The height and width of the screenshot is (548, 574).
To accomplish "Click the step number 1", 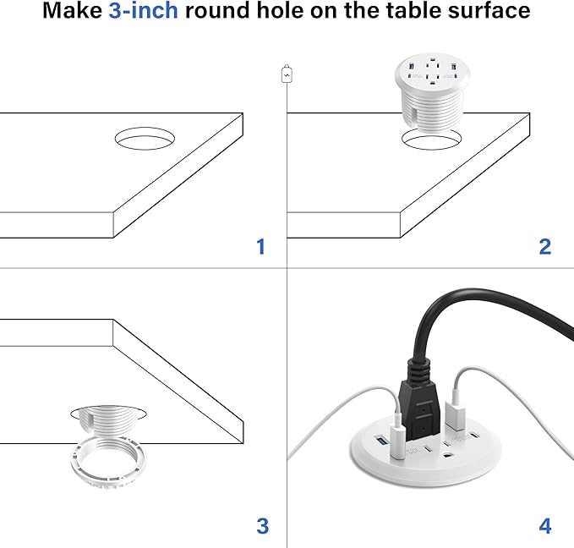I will pos(260,246).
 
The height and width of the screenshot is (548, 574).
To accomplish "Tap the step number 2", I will pos(544,246).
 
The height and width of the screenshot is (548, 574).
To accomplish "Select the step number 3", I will pos(262,526).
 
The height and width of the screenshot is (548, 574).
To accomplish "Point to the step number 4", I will pos(544,526).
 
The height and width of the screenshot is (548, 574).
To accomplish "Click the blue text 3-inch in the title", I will pos(144,12).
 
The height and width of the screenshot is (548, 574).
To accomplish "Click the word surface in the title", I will pos(489,12).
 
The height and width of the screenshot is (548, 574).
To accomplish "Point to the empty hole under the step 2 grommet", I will pos(431,141).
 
